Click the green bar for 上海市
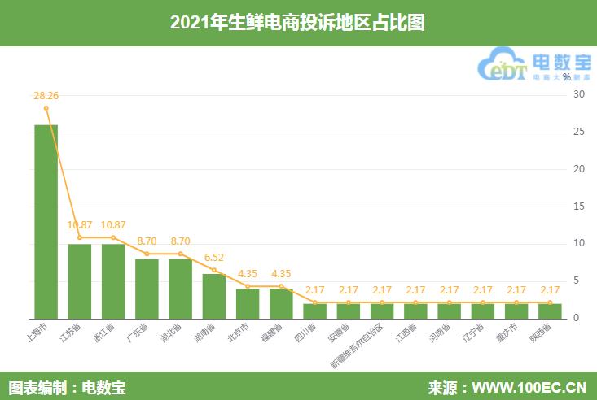click(x=46, y=221)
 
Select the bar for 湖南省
click(x=214, y=296)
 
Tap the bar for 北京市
click(x=248, y=303)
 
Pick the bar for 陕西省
click(x=550, y=311)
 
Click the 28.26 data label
click(x=46, y=95)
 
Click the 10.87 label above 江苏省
click(x=80, y=224)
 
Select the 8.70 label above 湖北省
click(x=180, y=241)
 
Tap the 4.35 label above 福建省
click(x=281, y=273)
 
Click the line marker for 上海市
click(x=46, y=108)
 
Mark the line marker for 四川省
click(x=314, y=302)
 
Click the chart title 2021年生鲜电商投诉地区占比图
click(x=298, y=23)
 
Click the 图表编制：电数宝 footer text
click(x=67, y=386)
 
